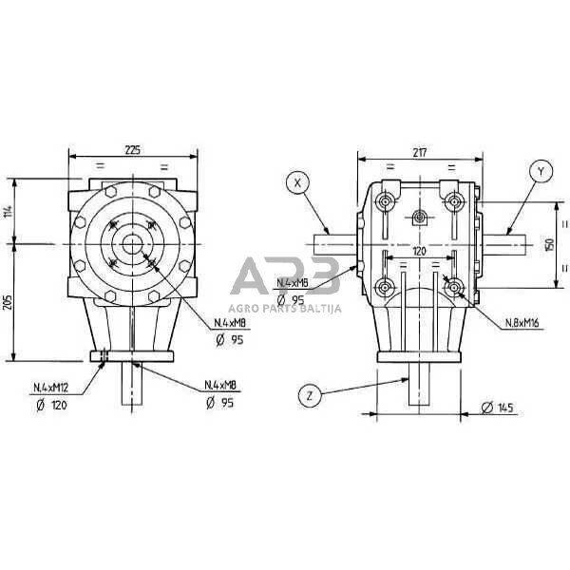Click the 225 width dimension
[133, 148]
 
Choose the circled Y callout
[539, 172]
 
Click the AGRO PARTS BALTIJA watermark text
[284, 308]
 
